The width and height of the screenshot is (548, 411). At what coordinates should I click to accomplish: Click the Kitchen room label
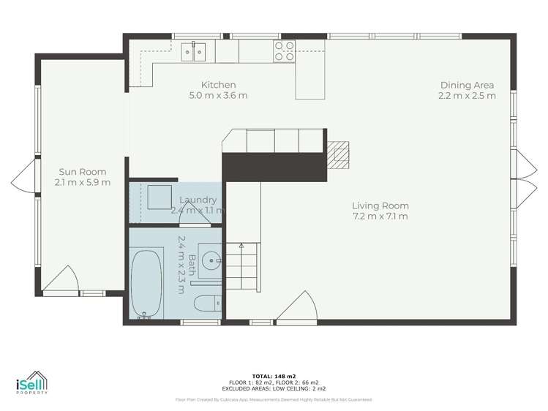[x=218, y=85]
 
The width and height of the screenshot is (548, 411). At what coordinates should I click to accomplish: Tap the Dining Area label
[x=467, y=85]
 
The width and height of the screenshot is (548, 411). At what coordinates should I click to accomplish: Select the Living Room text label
[x=380, y=205]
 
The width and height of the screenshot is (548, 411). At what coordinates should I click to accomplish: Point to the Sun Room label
[x=80, y=172]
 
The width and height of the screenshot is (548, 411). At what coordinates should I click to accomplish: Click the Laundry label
[x=198, y=200]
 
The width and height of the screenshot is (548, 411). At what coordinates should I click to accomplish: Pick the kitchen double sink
[x=194, y=50]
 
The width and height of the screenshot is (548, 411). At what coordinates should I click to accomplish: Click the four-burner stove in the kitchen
[x=284, y=50]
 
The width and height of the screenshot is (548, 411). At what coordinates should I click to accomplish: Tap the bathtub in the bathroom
[x=146, y=285]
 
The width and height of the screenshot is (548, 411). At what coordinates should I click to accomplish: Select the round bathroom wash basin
[x=211, y=259]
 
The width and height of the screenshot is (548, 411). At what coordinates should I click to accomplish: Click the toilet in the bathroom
[x=206, y=301]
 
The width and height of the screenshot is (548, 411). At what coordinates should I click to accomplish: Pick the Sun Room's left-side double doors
[x=23, y=178]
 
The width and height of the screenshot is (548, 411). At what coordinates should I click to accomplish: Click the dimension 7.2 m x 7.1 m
[x=380, y=216]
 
